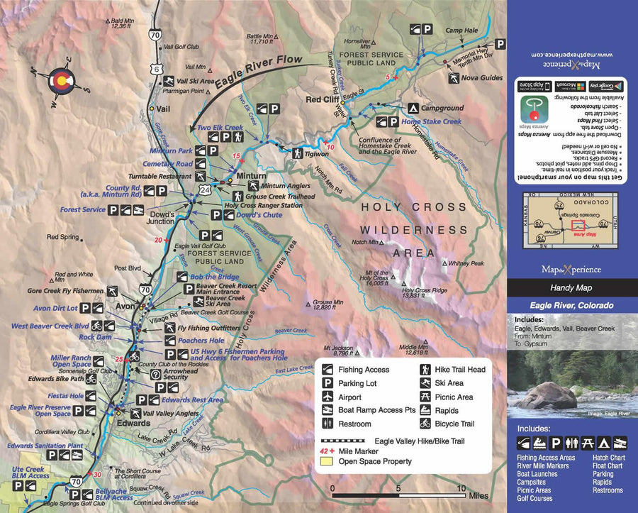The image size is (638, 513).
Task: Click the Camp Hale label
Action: pos(458,31)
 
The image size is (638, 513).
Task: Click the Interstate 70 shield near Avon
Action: pos(144,289)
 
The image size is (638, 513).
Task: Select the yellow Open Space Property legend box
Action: pos(327,461)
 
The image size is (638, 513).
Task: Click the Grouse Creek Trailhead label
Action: pos(280,196)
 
